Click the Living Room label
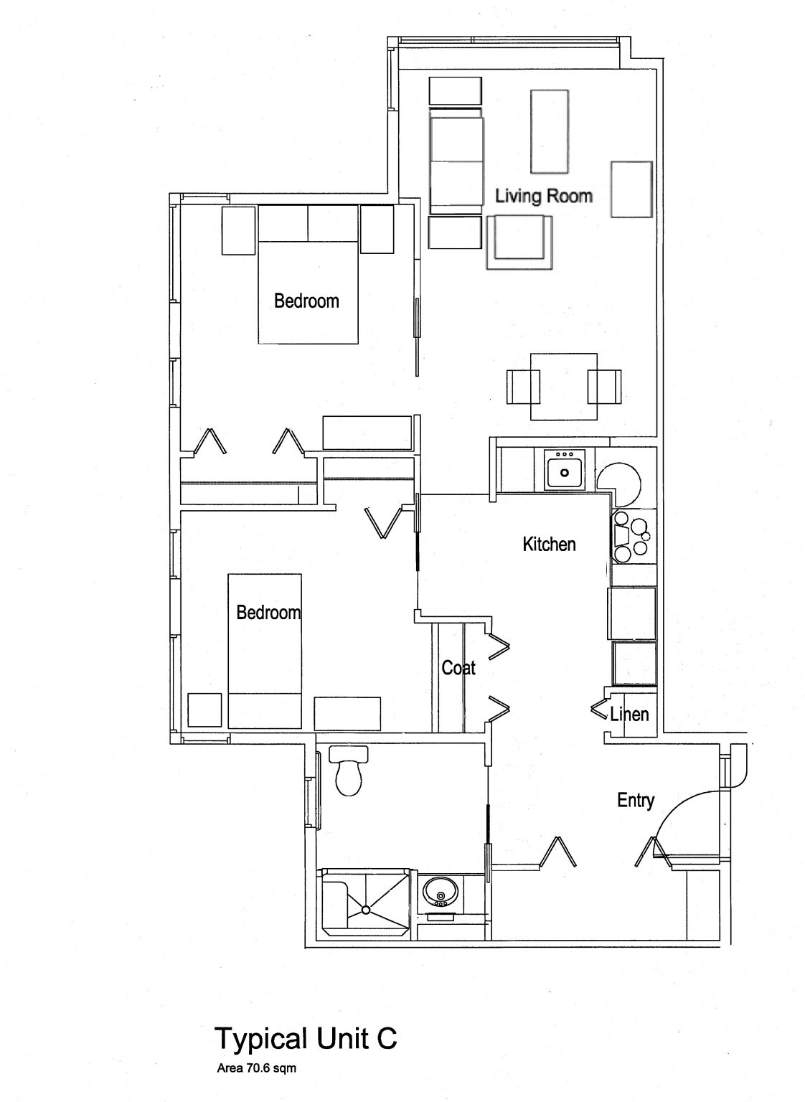(x=544, y=196)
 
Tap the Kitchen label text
(x=549, y=544)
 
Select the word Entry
(x=636, y=800)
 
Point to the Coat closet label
(x=458, y=668)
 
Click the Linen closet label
(x=629, y=714)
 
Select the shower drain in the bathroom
(x=365, y=909)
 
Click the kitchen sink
(x=565, y=472)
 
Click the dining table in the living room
(x=563, y=387)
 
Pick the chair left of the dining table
(x=522, y=387)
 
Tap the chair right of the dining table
(x=605, y=387)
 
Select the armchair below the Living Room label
(x=520, y=242)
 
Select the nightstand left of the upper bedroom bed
(x=239, y=230)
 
